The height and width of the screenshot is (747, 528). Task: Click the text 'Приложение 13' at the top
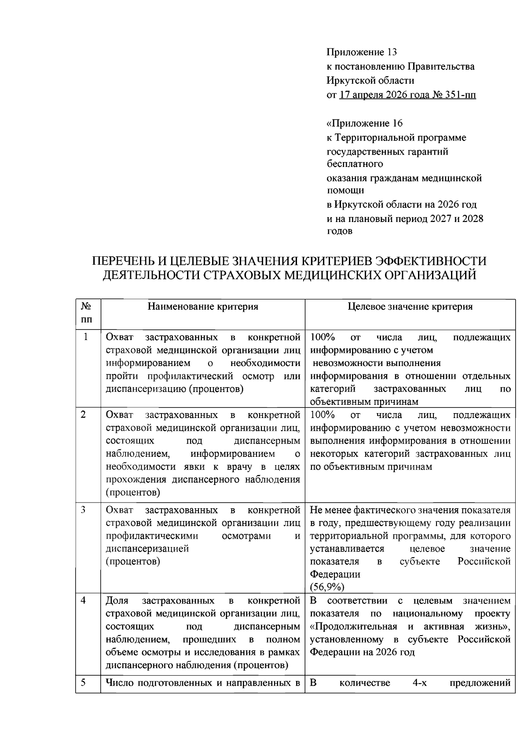point(361,52)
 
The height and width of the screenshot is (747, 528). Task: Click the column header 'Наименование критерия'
point(203,307)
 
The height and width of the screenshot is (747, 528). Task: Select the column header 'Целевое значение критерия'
point(410,307)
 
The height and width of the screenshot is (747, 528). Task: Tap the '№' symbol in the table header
point(86,306)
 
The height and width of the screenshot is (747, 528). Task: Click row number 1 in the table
point(85,337)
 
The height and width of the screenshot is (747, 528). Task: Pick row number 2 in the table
point(84,415)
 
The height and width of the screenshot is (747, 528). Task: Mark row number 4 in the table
point(84,601)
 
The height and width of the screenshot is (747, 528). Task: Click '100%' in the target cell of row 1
point(323,338)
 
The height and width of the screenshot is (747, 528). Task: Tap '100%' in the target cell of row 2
point(323,415)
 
